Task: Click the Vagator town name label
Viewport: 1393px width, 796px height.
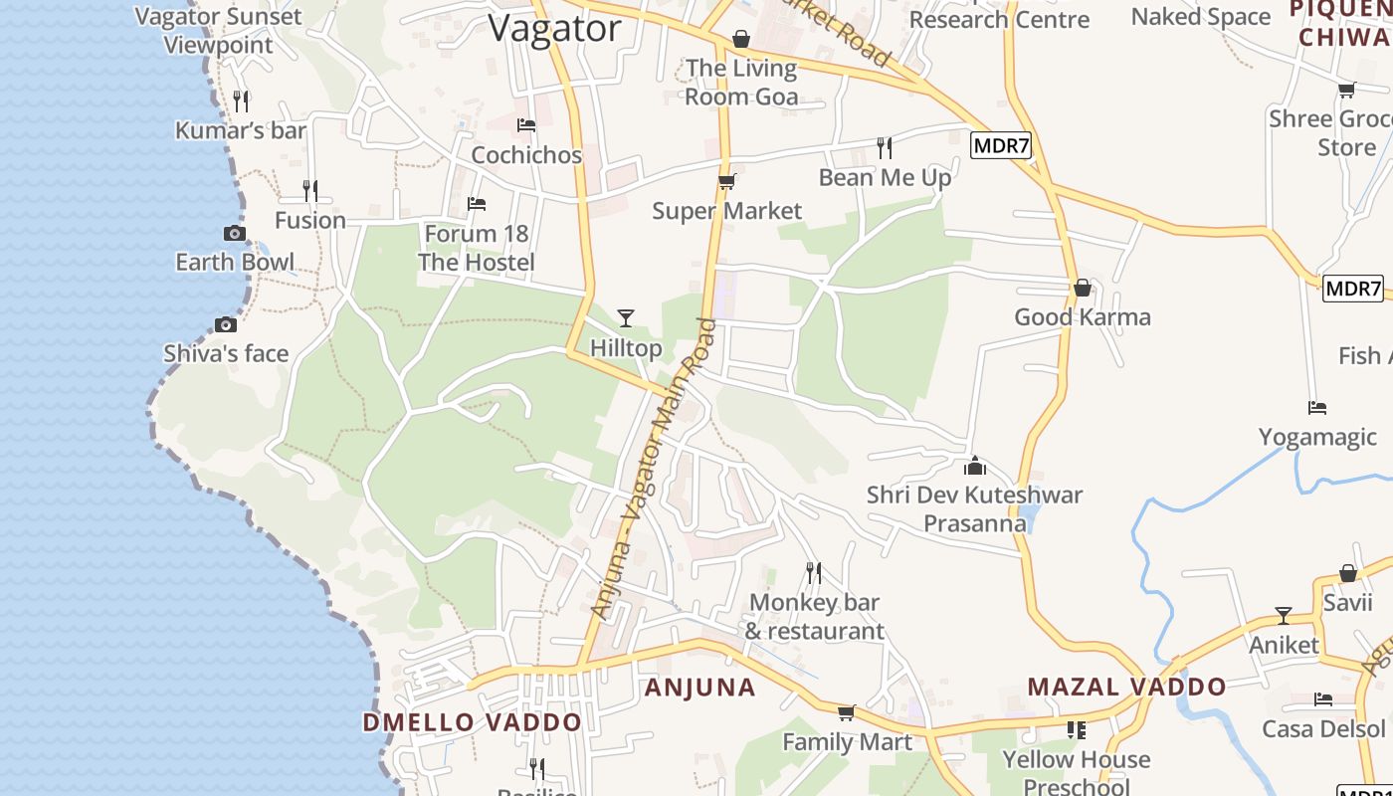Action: click(x=554, y=28)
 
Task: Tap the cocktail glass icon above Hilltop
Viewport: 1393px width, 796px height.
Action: click(x=626, y=318)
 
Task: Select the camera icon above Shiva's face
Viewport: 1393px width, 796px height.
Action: click(x=226, y=324)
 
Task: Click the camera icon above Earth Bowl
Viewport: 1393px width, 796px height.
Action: click(x=235, y=233)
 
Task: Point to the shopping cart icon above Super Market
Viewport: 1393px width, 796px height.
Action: click(x=726, y=182)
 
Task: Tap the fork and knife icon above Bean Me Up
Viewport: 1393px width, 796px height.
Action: click(x=885, y=148)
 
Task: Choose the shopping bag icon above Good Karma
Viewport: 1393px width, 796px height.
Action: click(x=1083, y=289)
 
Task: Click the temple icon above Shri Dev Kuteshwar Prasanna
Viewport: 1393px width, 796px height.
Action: click(x=975, y=466)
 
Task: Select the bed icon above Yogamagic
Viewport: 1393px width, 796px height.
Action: click(x=1317, y=408)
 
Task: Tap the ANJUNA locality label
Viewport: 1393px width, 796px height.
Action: click(x=700, y=688)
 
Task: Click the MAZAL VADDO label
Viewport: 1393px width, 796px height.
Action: click(x=1126, y=687)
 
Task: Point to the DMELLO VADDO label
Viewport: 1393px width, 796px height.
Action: click(x=472, y=722)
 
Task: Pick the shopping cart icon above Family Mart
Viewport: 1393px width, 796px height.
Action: click(x=846, y=712)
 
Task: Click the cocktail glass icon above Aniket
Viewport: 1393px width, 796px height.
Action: click(x=1284, y=616)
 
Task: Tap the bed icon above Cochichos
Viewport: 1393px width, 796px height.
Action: click(x=526, y=125)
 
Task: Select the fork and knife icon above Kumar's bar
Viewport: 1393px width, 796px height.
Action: click(x=241, y=100)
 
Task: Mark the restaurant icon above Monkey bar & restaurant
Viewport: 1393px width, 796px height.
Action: click(x=814, y=572)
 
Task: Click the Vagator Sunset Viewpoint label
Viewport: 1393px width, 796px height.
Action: click(x=218, y=30)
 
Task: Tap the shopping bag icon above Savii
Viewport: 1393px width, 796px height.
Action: click(x=1348, y=573)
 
